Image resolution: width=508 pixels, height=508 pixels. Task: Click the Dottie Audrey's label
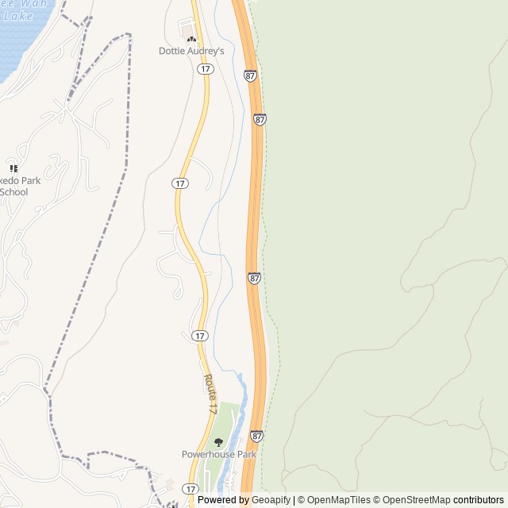click(191, 51)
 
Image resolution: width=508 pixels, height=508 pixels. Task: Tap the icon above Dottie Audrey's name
click(191, 37)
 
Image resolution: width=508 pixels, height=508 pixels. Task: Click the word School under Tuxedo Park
click(13, 192)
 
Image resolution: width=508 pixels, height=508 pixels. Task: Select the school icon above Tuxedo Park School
click(13, 168)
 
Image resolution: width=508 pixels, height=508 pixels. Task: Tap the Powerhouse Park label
click(218, 455)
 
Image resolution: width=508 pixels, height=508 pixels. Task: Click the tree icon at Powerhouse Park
click(218, 442)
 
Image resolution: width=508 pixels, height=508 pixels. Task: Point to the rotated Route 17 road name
click(210, 394)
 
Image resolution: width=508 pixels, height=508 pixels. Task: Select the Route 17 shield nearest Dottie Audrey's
click(206, 69)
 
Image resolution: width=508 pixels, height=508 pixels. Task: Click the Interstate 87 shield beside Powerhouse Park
click(256, 436)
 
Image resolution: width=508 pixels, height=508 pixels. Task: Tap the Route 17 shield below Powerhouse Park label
click(190, 489)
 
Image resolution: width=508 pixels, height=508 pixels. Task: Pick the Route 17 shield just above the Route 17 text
click(200, 336)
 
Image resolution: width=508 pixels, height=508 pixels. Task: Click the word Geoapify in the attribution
click(271, 500)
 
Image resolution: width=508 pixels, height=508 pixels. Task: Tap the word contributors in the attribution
click(479, 500)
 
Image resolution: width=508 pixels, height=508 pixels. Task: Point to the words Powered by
click(223, 500)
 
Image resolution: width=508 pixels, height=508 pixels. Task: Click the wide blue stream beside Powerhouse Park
click(240, 413)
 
